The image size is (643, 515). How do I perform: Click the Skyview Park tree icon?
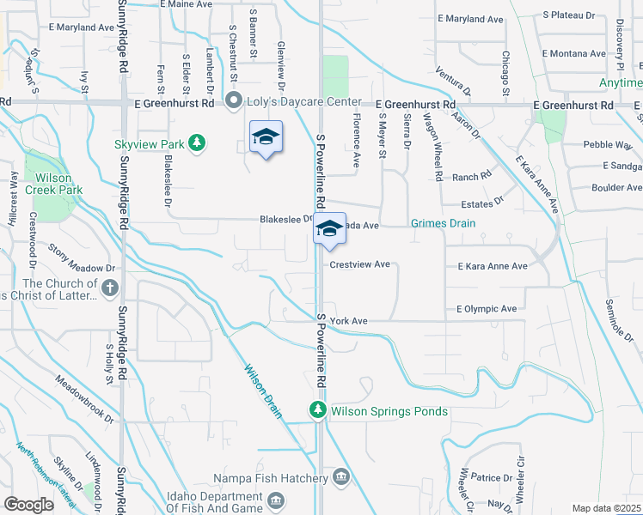[x=197, y=142]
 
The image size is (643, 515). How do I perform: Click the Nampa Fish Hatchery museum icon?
[x=341, y=476]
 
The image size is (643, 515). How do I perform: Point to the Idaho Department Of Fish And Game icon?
[x=276, y=500]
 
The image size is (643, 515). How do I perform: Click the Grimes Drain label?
[x=443, y=224]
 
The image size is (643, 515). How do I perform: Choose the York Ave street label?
[x=348, y=320]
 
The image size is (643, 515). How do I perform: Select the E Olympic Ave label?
[x=487, y=308]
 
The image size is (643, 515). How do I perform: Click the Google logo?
[x=28, y=505]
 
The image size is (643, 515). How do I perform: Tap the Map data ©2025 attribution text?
[x=605, y=508]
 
